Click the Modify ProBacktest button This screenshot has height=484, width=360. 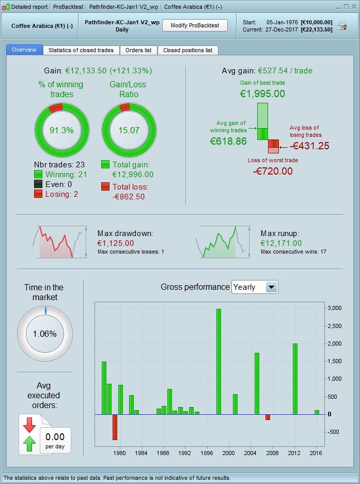(x=195, y=25)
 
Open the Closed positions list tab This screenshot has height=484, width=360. (x=187, y=50)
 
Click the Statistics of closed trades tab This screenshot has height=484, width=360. (x=82, y=50)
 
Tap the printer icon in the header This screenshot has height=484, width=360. (x=342, y=26)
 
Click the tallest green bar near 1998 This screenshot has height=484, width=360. (x=218, y=361)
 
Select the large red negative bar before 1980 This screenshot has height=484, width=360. (x=115, y=427)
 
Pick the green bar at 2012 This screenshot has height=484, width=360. (x=295, y=379)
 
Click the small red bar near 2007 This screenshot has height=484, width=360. (x=268, y=417)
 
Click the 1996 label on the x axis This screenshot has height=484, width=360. (x=207, y=453)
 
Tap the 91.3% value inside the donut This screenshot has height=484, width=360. (x=61, y=130)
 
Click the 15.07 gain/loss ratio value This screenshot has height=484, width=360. (x=128, y=130)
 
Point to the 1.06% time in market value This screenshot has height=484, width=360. (x=44, y=334)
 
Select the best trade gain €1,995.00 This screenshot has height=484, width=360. (x=262, y=94)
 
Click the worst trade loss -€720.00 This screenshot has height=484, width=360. (x=273, y=171)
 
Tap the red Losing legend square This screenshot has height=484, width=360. (x=38, y=194)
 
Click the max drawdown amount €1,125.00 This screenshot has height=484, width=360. (x=115, y=243)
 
